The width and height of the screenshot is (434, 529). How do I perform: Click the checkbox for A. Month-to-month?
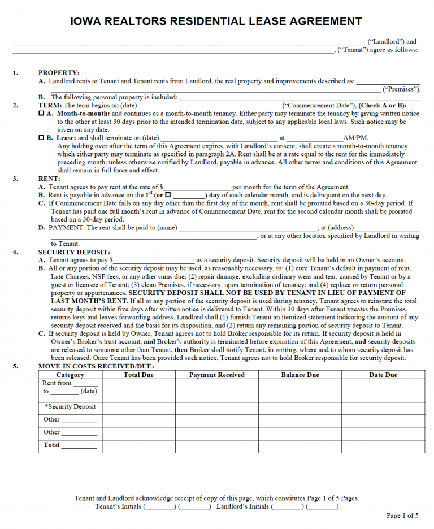click(41, 114)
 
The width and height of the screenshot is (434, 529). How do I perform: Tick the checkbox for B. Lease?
click(41, 138)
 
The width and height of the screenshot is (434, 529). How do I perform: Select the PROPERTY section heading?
click(59, 73)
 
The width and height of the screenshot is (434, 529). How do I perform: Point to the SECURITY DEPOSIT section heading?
click(74, 252)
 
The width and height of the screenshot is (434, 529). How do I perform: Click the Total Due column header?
click(138, 375)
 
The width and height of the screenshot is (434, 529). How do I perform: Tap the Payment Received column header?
click(216, 375)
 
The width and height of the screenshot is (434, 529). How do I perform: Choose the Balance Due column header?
click(300, 375)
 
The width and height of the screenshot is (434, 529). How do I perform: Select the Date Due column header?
click(383, 375)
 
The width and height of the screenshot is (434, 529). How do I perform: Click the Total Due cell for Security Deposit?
click(138, 407)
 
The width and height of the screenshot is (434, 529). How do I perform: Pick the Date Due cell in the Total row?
click(383, 446)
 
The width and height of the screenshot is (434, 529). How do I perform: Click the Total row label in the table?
click(52, 445)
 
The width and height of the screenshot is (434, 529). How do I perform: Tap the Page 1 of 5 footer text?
click(402, 515)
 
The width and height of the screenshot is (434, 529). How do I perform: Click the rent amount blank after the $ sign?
click(197, 187)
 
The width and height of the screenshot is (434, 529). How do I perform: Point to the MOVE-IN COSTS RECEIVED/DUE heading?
click(96, 366)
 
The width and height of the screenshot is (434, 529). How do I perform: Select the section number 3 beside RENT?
click(15, 179)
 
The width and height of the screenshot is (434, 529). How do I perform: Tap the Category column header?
click(70, 375)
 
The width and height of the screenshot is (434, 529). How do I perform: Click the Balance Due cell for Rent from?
click(300, 390)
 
